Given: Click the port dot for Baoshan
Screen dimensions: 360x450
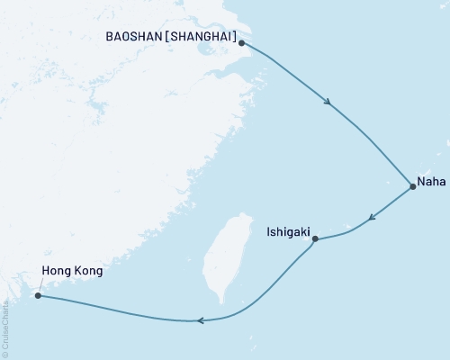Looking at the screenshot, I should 242,42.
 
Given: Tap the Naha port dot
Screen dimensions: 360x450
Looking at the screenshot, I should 412,187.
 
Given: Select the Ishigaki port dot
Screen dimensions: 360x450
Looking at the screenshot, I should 313,238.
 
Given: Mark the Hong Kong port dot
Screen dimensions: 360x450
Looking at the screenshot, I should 37,294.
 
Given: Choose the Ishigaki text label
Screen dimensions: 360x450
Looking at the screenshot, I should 289,230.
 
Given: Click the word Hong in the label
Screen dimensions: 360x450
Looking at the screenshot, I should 58,270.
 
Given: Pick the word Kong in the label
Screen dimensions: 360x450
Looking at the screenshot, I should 88,270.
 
